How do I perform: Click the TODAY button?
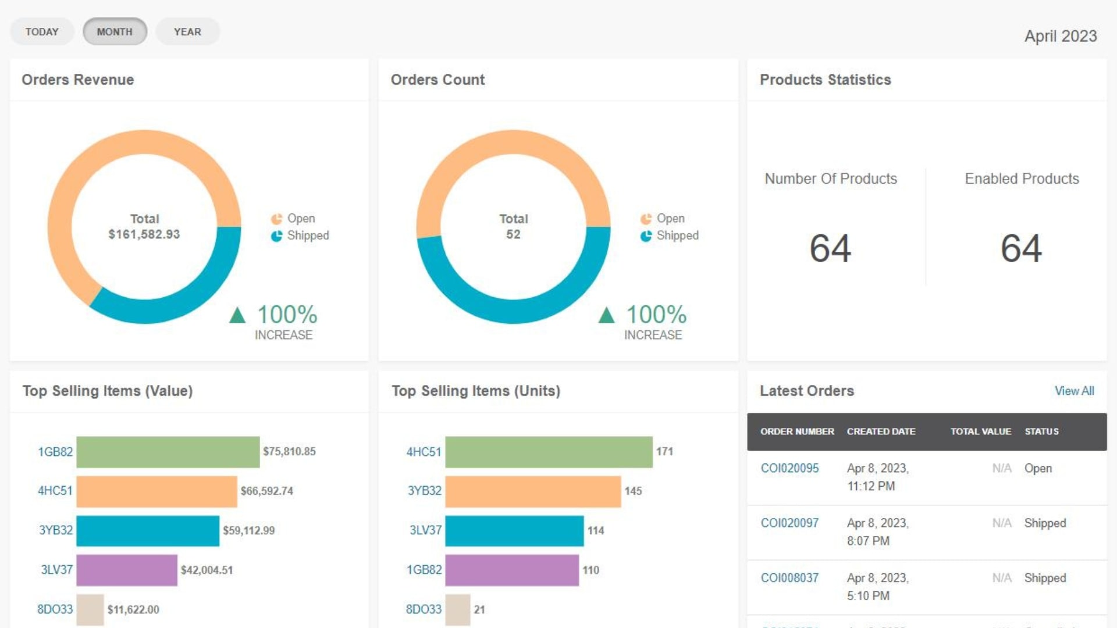42,32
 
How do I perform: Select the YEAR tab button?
187,32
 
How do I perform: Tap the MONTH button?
115,32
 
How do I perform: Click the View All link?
1074,391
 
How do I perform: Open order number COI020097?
789,523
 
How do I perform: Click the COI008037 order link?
789,577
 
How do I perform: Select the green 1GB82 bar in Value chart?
168,452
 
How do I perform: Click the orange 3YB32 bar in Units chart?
532,491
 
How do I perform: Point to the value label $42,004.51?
207,570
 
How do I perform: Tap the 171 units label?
664,451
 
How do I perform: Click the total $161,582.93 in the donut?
144,234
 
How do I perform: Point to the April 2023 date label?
1060,36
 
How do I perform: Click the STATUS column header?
1041,431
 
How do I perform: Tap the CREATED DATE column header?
881,431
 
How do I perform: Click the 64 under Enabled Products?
1021,248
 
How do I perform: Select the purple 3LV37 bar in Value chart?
126,570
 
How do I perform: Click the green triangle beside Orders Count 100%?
606,315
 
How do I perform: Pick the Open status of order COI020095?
1038,468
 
